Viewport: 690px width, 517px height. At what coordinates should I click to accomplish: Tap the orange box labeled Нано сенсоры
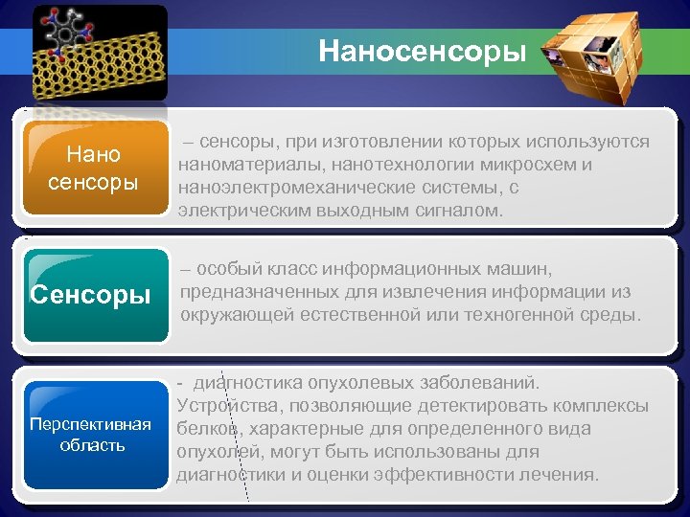click(x=93, y=168)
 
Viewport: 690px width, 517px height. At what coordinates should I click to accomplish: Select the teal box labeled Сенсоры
click(x=91, y=294)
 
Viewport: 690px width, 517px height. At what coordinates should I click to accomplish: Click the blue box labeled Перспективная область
click(x=91, y=434)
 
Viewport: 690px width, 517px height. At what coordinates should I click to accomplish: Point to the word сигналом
click(x=460, y=211)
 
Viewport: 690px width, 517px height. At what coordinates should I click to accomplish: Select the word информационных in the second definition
click(x=425, y=269)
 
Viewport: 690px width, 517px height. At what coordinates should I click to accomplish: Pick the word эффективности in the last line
click(x=442, y=474)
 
